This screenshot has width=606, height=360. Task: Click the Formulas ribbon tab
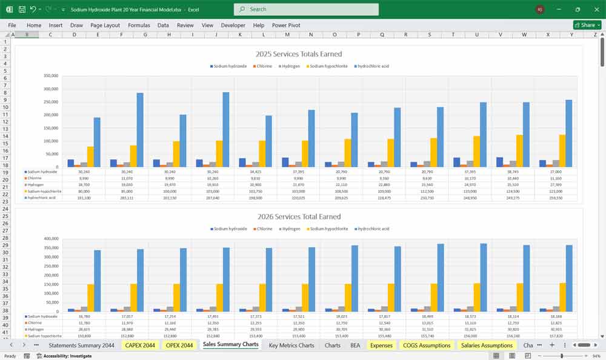tap(139, 25)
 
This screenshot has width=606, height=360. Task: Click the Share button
tap(587, 25)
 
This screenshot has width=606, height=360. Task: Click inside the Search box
tap(306, 9)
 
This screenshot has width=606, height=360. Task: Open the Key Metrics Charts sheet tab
tap(291, 345)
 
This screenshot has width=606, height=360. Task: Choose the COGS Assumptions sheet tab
tap(427, 345)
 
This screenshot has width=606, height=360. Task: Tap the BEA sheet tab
tap(355, 345)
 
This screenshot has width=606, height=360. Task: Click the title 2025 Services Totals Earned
tap(299, 54)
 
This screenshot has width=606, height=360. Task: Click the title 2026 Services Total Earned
tap(299, 216)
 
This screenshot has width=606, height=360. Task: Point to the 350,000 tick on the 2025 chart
tap(51, 76)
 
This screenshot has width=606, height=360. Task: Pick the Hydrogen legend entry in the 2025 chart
tap(290, 66)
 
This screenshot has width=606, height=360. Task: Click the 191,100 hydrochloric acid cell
tap(84, 198)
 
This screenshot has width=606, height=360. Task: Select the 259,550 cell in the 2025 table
tap(556, 198)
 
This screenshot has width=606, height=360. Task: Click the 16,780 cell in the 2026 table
tap(84, 316)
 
